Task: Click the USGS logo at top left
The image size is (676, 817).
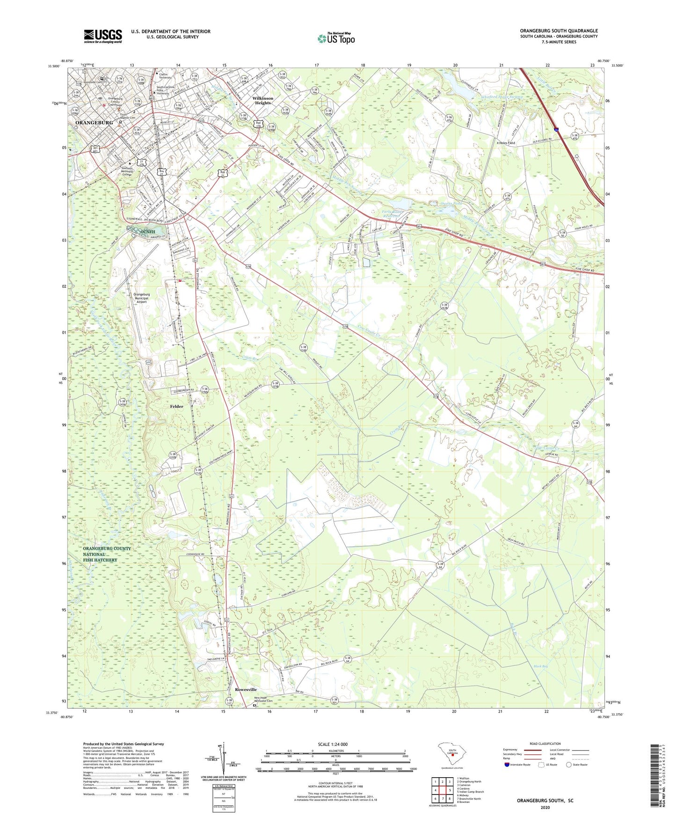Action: click(103, 36)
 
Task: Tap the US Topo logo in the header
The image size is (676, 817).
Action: click(336, 38)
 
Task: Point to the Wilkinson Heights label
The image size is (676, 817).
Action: click(263, 101)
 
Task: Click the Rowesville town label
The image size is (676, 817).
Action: click(246, 689)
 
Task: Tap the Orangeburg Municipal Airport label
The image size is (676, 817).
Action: click(141, 298)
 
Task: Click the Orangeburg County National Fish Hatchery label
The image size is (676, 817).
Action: click(107, 554)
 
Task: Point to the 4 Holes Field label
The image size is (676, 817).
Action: click(506, 143)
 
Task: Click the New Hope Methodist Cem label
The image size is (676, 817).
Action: click(266, 699)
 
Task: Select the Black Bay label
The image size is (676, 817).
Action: click(541, 666)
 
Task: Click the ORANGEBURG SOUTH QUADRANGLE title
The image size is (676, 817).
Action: click(559, 31)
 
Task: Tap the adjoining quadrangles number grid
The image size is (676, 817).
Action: click(442, 790)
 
